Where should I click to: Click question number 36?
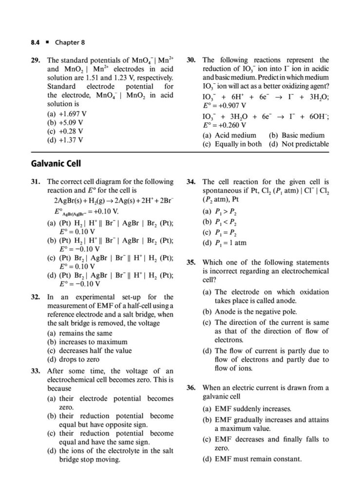pos(191,388)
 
